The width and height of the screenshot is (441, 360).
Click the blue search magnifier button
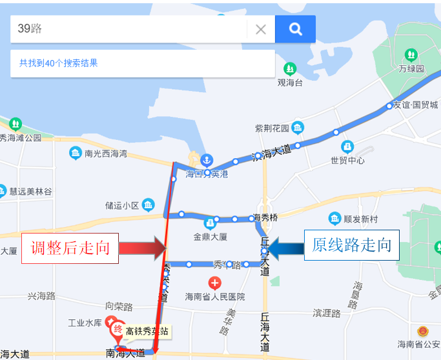coord(295,28)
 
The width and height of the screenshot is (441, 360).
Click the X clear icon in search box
coord(261,29)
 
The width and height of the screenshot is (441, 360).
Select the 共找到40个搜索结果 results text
coord(59,63)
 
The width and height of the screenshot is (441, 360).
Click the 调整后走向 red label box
coord(70,248)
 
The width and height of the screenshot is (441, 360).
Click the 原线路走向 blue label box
coord(351,246)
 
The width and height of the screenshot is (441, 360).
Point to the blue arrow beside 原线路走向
coord(285,246)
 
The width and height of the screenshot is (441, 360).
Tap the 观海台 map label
coord(290,83)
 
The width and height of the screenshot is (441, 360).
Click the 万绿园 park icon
coord(411,54)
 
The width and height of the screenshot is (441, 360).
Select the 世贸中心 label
coord(347,160)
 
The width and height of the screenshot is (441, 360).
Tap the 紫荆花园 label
coord(271,127)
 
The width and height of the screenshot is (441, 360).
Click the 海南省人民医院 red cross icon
coord(214,283)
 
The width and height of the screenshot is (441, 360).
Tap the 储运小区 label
coord(122,206)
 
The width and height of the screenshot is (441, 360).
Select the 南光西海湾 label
coord(106,154)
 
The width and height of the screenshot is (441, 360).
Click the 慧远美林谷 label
coord(30,191)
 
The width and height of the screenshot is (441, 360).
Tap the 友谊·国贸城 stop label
coord(416,105)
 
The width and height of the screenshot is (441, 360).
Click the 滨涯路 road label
coord(327,313)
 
